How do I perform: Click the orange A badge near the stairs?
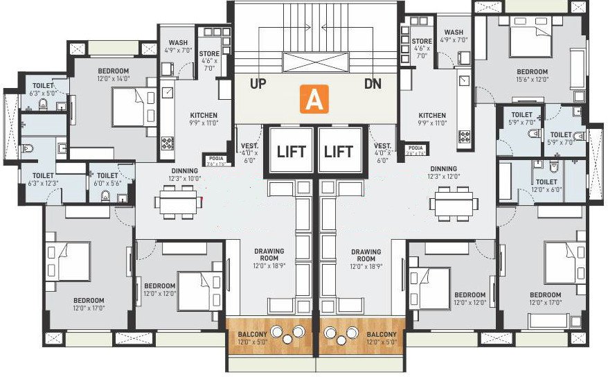coord(314,100)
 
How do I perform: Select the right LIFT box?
coord(339,150)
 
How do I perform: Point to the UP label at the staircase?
coord(258,84)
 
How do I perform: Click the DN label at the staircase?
coord(373,84)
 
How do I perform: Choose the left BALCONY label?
coord(251,337)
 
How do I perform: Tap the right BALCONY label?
coord(382,337)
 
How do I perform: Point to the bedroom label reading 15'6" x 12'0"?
coord(532,75)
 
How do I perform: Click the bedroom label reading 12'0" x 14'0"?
coord(112,75)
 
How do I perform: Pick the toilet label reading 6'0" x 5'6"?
coord(107,179)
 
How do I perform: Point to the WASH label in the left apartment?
coord(178,46)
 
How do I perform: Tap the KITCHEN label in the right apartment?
coord(432,119)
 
